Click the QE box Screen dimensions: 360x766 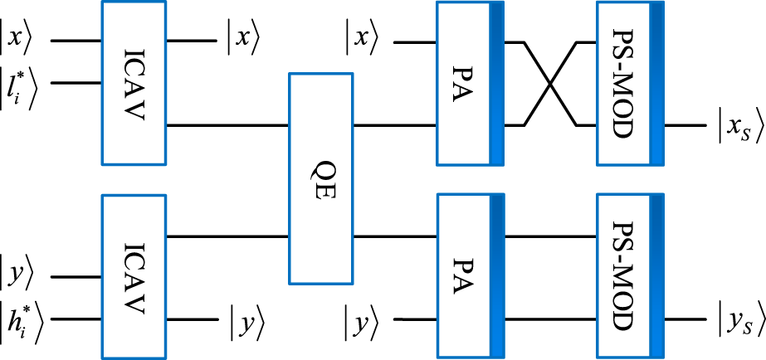coord(320,178)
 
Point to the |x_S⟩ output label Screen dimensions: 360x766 coord(739,127)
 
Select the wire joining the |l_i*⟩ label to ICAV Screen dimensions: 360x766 coord(75,83)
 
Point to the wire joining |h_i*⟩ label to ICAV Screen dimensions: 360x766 coord(75,319)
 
